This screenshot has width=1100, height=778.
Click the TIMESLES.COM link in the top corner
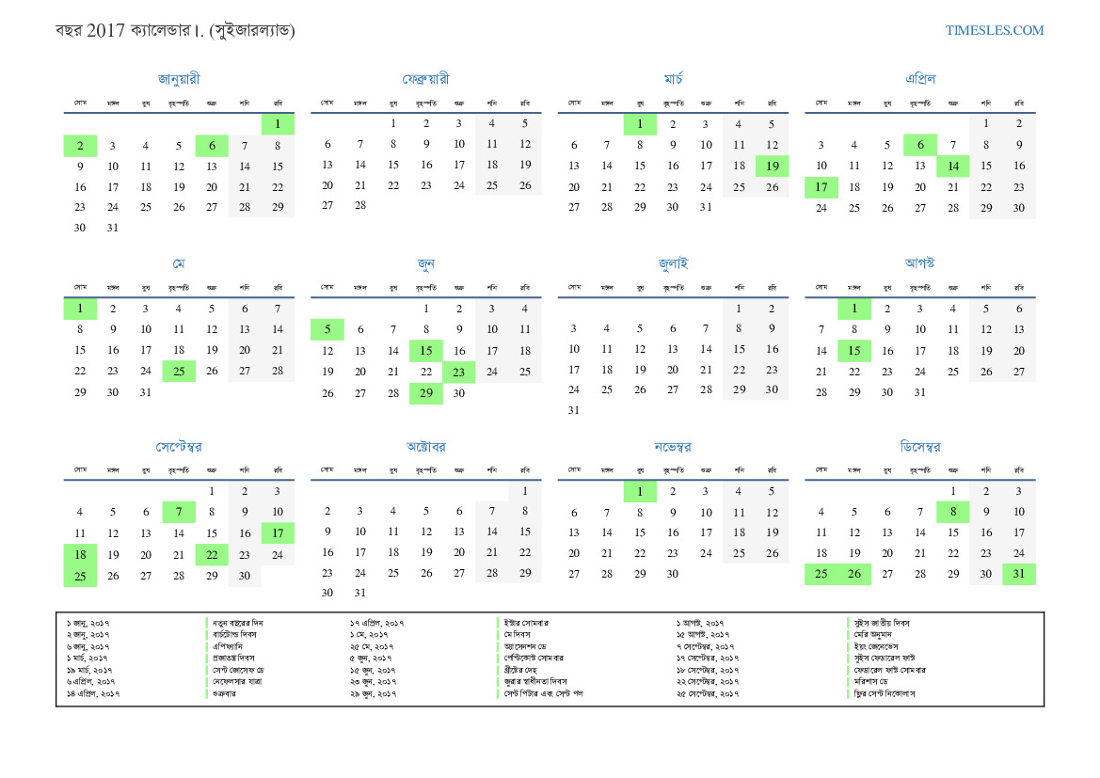[x=995, y=30]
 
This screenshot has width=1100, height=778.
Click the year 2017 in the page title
[x=106, y=30]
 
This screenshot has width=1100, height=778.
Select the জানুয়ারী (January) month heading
[x=179, y=79]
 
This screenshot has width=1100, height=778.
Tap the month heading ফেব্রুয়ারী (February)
[x=425, y=79]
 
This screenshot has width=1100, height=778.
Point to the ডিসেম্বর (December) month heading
[x=919, y=446]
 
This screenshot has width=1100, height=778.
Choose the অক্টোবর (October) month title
[x=425, y=446]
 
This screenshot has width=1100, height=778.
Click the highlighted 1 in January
[x=278, y=123]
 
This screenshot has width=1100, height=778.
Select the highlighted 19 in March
[x=772, y=167]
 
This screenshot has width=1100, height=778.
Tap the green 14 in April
[x=952, y=167]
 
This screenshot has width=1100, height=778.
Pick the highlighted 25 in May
[x=179, y=372]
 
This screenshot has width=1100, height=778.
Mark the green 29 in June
[x=425, y=393]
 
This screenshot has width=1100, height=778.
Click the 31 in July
[x=574, y=410]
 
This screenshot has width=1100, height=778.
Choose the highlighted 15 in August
[x=854, y=351]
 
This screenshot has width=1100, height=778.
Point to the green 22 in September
[x=212, y=555]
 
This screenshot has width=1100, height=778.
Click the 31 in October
[x=359, y=593]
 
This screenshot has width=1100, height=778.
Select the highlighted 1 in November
[x=640, y=491]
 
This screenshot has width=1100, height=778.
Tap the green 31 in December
[x=1019, y=574]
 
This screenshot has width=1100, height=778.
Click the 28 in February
[x=359, y=206]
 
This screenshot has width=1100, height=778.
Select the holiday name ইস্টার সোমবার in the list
[x=527, y=623]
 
